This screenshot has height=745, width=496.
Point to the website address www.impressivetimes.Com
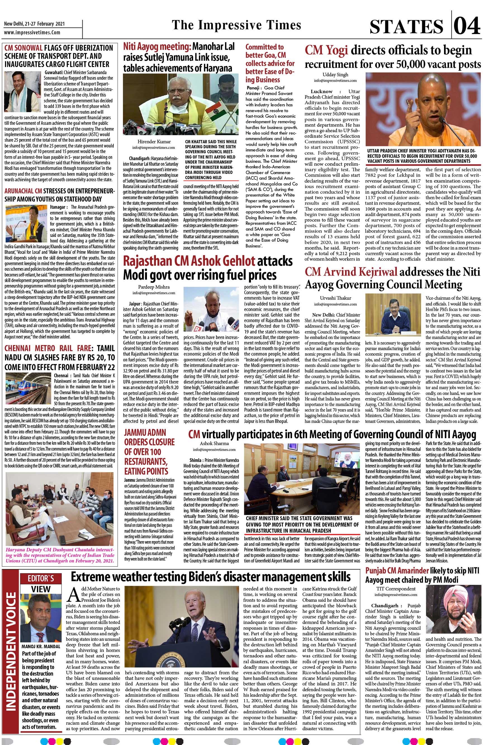pyautogui.click(x=32, y=32)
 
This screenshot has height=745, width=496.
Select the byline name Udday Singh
pyautogui.click(x=335, y=75)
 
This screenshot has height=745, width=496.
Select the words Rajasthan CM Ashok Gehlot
pyautogui.click(x=189, y=261)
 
